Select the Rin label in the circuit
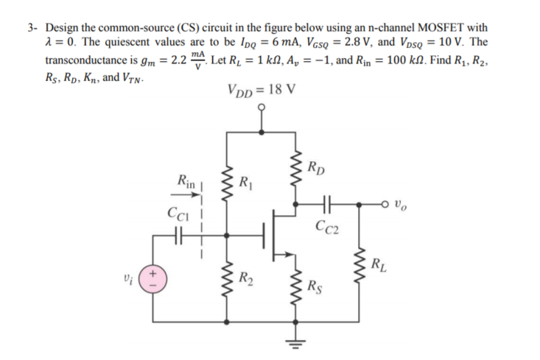coord(182,179)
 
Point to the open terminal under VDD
coord(260,108)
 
